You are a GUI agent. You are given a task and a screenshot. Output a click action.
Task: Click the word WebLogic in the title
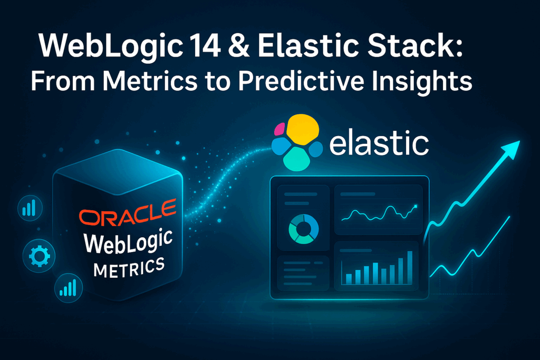(111, 46)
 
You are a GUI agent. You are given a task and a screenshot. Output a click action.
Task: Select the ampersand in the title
(238, 45)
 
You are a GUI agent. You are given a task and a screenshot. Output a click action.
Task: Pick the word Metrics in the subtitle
(150, 81)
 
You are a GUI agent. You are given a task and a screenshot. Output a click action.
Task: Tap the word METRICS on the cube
(129, 268)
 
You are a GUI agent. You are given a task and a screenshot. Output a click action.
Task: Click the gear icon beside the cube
(39, 256)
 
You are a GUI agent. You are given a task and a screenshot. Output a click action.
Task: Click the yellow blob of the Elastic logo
(302, 130)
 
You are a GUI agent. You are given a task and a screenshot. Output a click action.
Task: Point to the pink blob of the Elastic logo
(279, 130)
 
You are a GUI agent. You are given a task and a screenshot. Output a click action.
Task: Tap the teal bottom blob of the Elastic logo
(296, 159)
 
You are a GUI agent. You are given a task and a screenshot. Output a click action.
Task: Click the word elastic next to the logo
(379, 142)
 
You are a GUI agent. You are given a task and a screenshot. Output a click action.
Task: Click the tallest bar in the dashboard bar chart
(410, 267)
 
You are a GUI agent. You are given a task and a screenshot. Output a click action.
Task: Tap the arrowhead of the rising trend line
(511, 149)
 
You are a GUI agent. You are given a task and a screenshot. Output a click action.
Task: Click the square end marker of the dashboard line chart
(416, 206)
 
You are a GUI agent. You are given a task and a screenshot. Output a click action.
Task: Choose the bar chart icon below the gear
(68, 288)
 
